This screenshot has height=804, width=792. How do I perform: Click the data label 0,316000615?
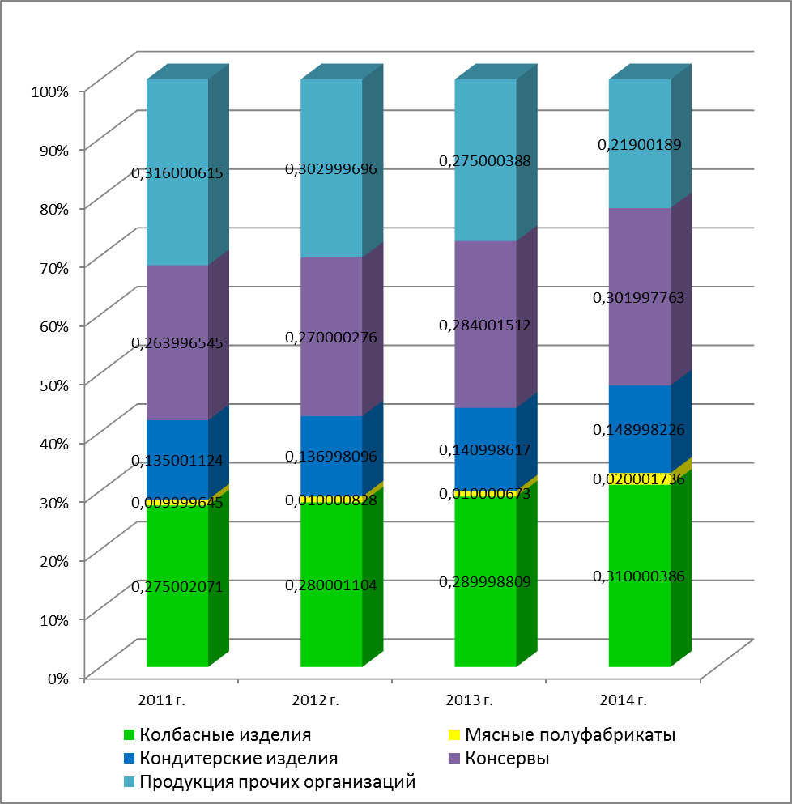click(x=177, y=172)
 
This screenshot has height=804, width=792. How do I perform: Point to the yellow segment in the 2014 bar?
click(x=640, y=479)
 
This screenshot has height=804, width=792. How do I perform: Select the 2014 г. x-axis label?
click(x=619, y=700)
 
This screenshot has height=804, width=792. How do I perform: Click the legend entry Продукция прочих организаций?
click(x=277, y=782)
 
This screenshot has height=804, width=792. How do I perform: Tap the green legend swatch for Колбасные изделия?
click(x=128, y=735)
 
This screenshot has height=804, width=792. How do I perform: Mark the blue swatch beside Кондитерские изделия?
click(x=128, y=759)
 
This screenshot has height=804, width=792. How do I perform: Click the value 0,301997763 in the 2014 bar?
click(x=640, y=297)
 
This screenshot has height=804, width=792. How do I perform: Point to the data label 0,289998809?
click(x=486, y=581)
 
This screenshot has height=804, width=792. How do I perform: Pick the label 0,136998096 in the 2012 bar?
click(x=331, y=457)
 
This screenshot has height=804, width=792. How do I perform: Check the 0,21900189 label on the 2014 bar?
click(x=640, y=145)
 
